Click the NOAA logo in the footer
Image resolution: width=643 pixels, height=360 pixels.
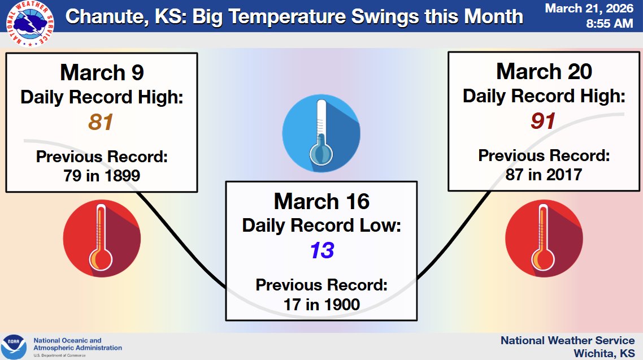(x=14, y=346)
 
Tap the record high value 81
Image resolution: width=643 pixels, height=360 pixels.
(x=102, y=122)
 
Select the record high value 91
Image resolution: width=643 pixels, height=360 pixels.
(x=544, y=121)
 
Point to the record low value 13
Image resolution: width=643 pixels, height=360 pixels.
(x=321, y=250)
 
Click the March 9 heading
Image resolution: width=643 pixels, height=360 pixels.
(x=102, y=72)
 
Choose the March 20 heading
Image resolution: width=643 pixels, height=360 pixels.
(x=544, y=72)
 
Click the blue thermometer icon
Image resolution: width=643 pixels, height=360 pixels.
(x=321, y=133)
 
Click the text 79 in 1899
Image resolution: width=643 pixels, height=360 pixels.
(x=102, y=176)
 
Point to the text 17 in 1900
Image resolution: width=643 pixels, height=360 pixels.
(x=321, y=305)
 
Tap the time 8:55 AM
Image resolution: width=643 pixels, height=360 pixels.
(x=610, y=24)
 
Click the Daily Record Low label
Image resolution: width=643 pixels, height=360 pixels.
(x=321, y=225)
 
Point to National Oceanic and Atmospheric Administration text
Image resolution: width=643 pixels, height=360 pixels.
(x=77, y=344)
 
